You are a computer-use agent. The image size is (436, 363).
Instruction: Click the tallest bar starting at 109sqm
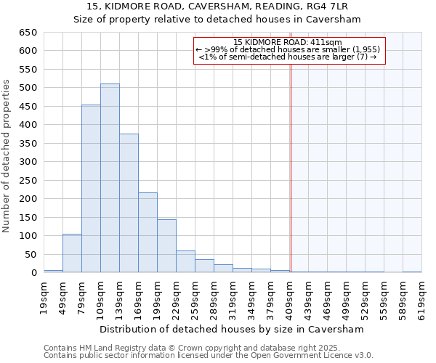pyautogui.click(x=110, y=178)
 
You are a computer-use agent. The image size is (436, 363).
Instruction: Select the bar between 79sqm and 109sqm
pyautogui.click(x=91, y=189)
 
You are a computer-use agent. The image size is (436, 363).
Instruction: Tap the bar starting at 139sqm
pyautogui.click(x=129, y=203)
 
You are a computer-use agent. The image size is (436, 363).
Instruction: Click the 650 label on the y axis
pyautogui.click(x=27, y=33)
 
